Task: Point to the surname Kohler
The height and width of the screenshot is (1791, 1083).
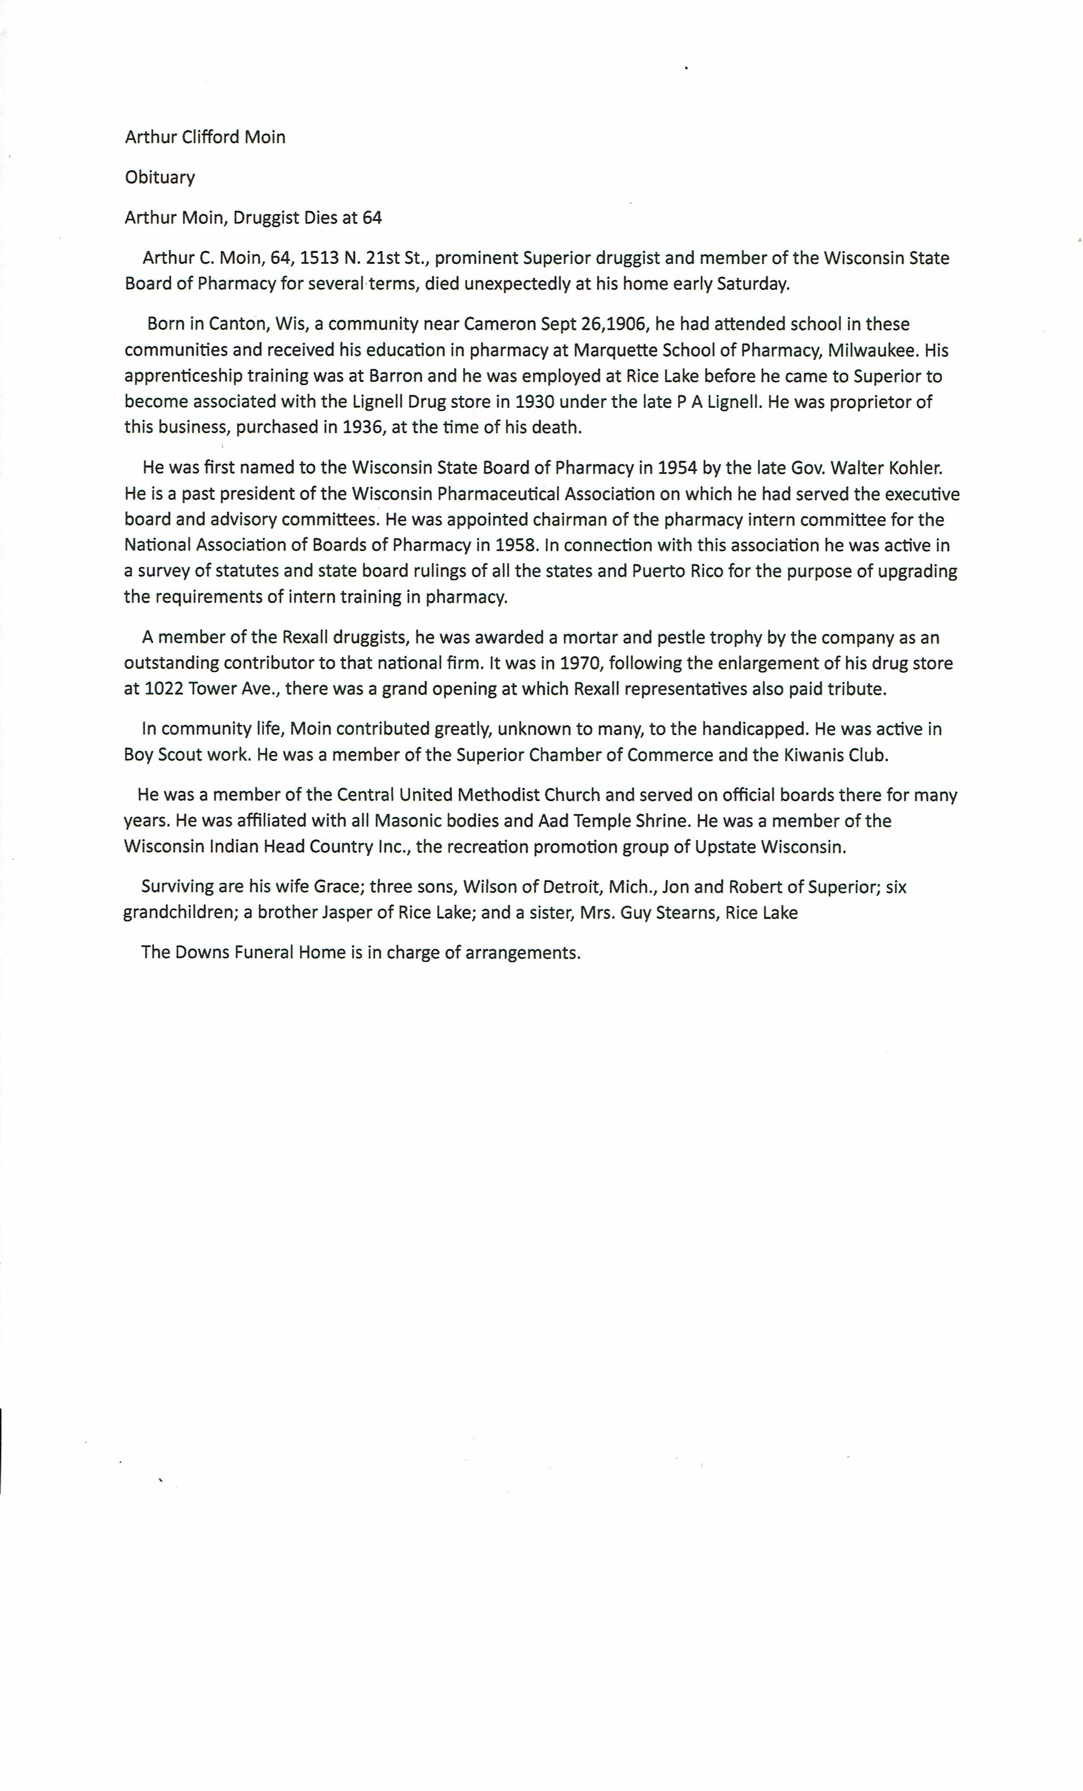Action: [x=915, y=467]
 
